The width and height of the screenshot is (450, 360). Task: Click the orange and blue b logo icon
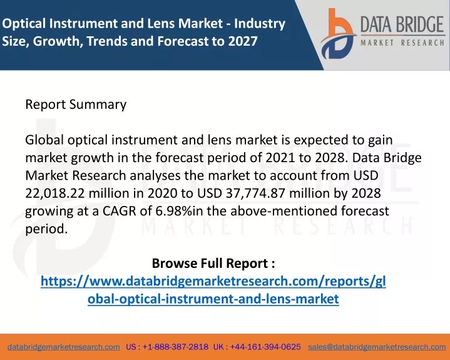click(338, 34)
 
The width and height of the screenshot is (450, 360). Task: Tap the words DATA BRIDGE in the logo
click(402, 24)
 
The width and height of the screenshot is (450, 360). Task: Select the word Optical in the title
click(24, 24)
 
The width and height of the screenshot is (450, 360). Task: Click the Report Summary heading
click(76, 105)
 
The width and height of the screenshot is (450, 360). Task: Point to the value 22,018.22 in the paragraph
click(55, 193)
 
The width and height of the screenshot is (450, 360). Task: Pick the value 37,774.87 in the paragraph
click(255, 193)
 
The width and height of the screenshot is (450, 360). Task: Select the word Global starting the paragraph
click(44, 140)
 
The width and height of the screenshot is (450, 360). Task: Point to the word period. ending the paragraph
click(46, 229)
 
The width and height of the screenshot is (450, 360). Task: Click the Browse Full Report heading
click(213, 263)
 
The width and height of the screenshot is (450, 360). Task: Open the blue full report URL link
click(213, 290)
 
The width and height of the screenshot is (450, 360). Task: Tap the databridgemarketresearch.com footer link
click(64, 347)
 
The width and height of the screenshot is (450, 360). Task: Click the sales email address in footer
click(377, 347)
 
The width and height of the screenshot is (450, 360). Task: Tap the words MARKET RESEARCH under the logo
click(402, 43)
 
